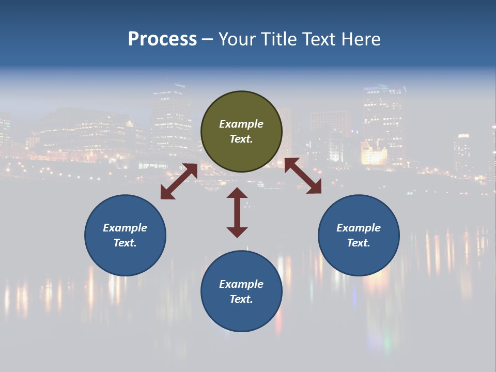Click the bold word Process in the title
click(162, 39)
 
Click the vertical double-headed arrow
click(237, 212)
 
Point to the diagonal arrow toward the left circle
click(179, 181)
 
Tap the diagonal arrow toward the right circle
click(303, 176)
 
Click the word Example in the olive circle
click(241, 124)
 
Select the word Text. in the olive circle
click(241, 139)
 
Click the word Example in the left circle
click(125, 228)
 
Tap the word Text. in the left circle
click(125, 243)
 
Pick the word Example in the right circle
click(359, 228)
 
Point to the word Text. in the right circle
click(359, 243)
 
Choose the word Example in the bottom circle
click(241, 284)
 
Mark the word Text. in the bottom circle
click(241, 299)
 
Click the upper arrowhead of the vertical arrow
click(237, 194)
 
